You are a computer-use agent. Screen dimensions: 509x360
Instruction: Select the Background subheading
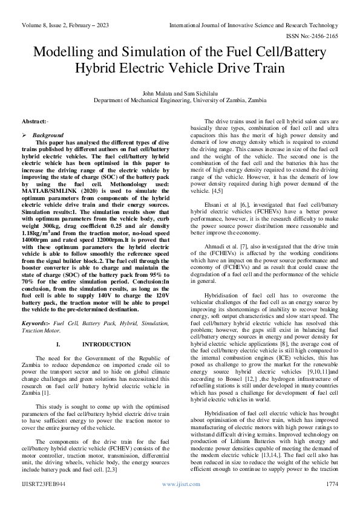47,135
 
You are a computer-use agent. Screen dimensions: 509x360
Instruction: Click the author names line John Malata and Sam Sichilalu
180,94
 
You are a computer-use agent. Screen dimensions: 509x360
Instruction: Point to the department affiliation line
180,101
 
